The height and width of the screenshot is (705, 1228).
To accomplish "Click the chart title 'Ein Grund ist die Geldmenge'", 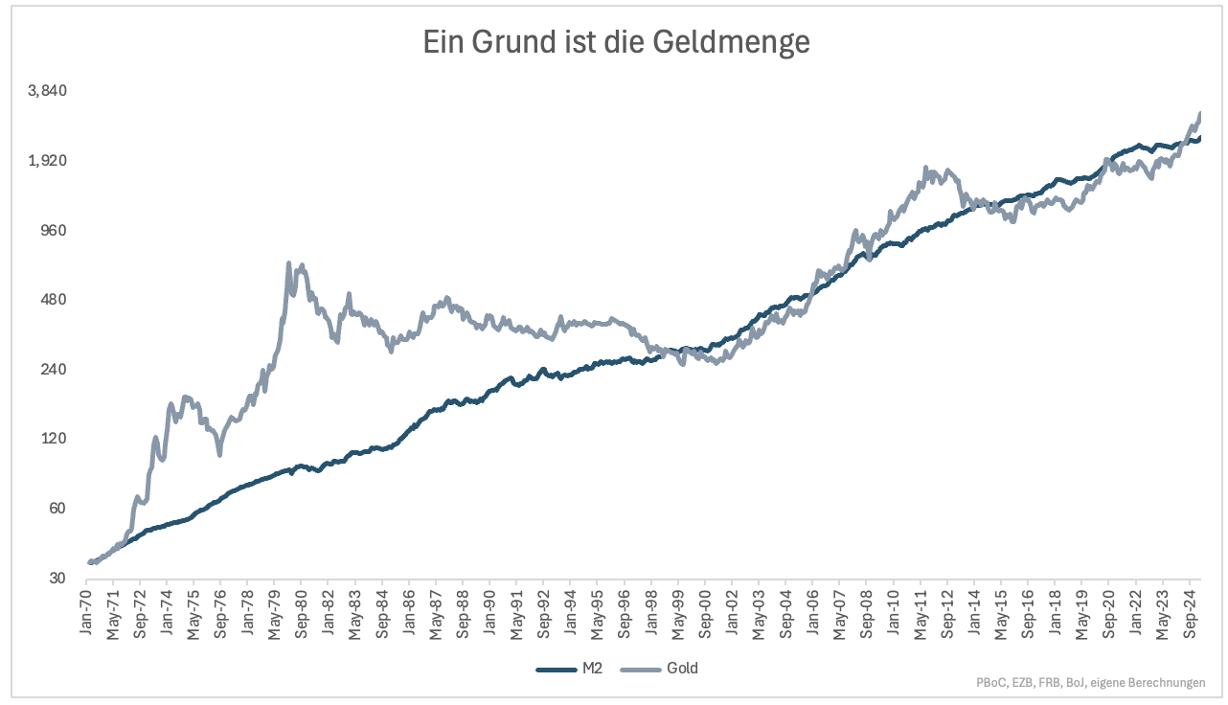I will pyautogui.click(x=617, y=42).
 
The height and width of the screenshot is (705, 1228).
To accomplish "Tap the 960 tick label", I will pyautogui.click(x=53, y=230).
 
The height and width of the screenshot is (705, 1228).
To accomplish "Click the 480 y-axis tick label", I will pyautogui.click(x=53, y=300).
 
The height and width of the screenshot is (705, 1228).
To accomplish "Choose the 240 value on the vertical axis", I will pyautogui.click(x=53, y=370).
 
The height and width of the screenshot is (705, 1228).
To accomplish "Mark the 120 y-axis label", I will pyautogui.click(x=53, y=439).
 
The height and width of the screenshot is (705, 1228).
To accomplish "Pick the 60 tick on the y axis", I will pyautogui.click(x=56, y=509).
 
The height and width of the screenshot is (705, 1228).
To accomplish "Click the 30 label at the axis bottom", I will pyautogui.click(x=56, y=579).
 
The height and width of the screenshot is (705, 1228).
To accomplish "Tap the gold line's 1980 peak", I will pyautogui.click(x=288, y=262).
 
